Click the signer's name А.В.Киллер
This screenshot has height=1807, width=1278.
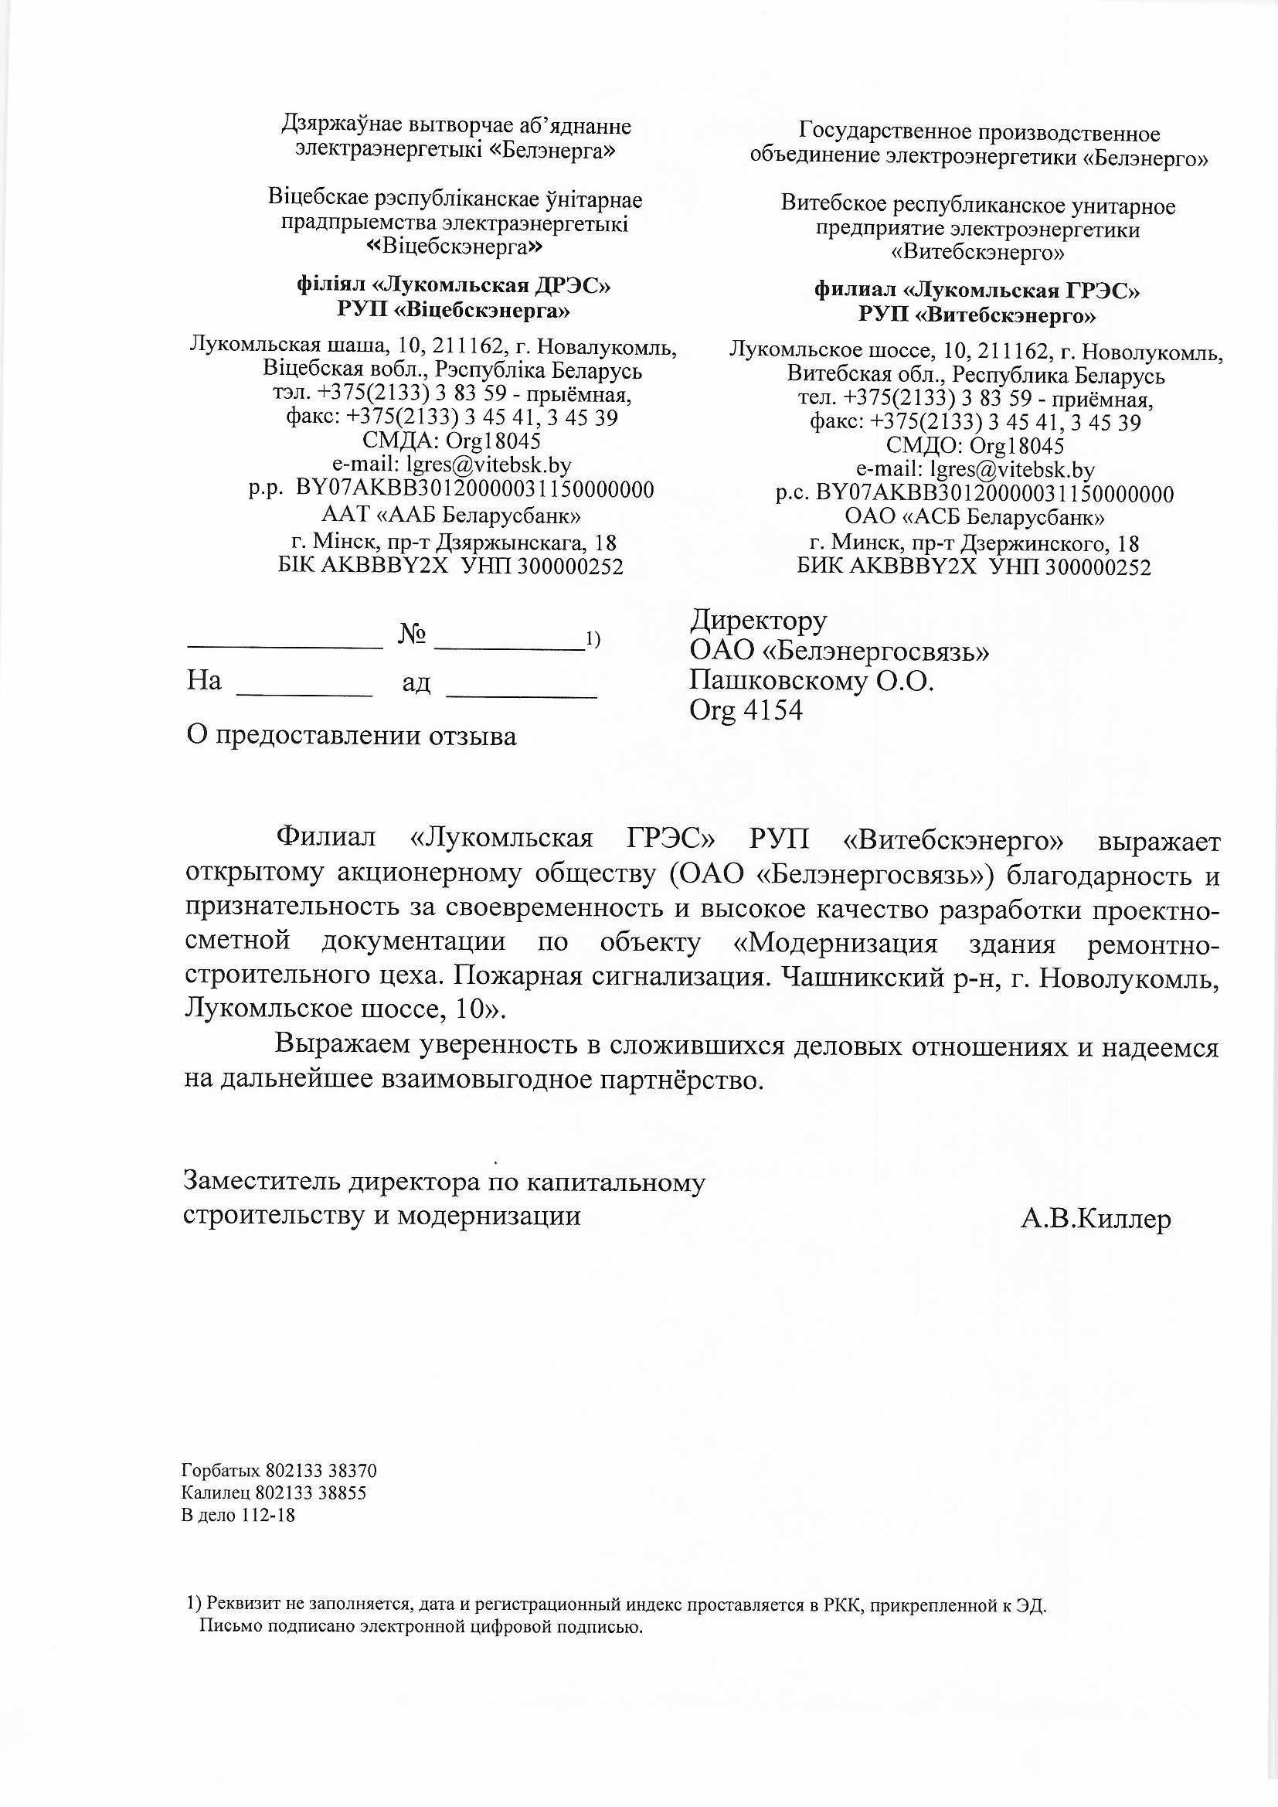click(x=1096, y=1218)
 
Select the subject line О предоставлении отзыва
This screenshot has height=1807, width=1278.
click(x=351, y=736)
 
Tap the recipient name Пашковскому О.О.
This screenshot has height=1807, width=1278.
click(x=811, y=680)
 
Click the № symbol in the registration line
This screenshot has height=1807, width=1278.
click(x=413, y=635)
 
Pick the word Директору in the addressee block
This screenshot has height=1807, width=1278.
click(x=759, y=621)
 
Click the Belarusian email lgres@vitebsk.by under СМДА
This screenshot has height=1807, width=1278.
click(x=451, y=465)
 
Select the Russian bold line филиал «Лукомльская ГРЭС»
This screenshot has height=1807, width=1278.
click(x=977, y=291)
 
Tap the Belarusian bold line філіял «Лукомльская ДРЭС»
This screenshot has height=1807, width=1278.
click(x=454, y=285)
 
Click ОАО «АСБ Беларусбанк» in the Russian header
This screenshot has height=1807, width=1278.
click(x=974, y=517)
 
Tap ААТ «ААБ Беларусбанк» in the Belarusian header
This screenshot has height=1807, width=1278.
click(x=451, y=516)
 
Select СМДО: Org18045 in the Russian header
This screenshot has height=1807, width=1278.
click(x=974, y=445)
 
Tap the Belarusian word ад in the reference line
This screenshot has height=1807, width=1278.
click(x=416, y=682)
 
